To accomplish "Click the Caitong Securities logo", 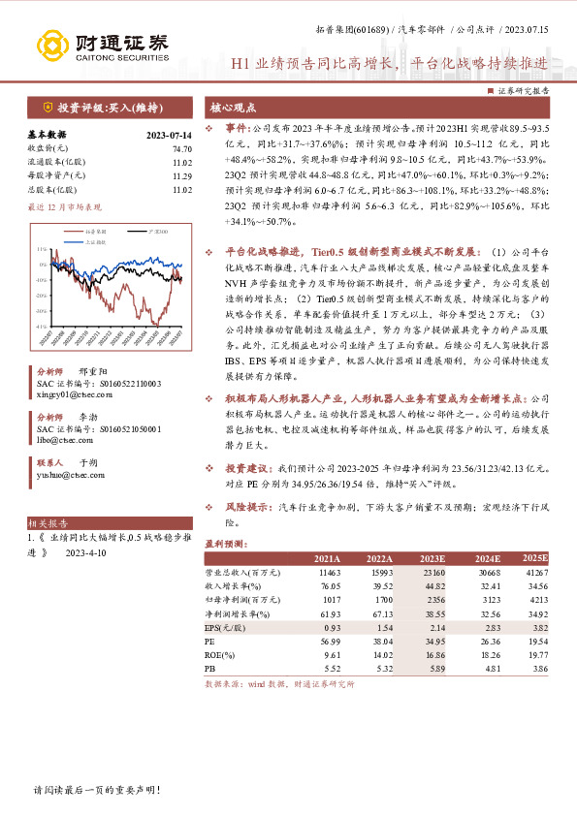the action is [x=102, y=45].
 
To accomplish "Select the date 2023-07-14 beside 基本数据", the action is [x=168, y=137].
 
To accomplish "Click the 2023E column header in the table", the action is [x=433, y=560].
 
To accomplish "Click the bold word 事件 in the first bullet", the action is [x=237, y=127].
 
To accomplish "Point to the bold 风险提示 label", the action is [x=246, y=506].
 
